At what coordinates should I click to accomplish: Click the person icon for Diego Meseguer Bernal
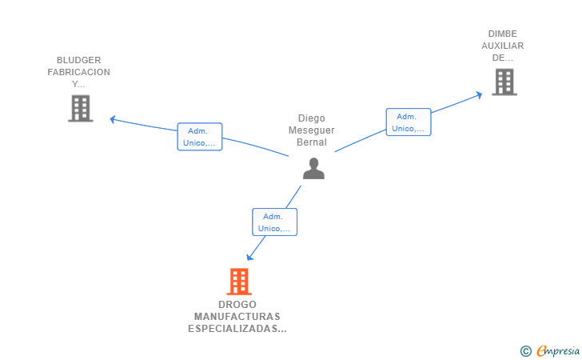click(313, 168)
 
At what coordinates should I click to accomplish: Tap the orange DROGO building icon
click(238, 282)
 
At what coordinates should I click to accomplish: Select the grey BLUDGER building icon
click(81, 108)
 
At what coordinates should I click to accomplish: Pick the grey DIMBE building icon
click(504, 82)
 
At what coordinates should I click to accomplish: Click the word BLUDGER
click(78, 60)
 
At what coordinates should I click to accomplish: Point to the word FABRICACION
click(78, 72)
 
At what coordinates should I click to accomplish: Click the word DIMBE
click(503, 34)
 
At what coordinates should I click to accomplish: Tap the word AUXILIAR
click(503, 46)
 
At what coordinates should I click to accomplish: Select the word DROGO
click(237, 305)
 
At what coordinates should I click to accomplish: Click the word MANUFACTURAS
click(237, 317)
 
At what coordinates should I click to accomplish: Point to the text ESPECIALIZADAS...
click(237, 329)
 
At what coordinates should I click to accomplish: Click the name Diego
click(311, 118)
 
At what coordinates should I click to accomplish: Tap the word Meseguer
click(311, 130)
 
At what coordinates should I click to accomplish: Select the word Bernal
click(311, 142)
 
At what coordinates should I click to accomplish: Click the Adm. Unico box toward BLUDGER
click(199, 137)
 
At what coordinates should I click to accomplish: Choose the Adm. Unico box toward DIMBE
click(409, 122)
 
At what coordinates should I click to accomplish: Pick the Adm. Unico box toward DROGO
click(274, 222)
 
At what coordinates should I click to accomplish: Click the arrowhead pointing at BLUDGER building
click(113, 119)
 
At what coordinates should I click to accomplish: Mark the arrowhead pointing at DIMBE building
click(479, 94)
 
